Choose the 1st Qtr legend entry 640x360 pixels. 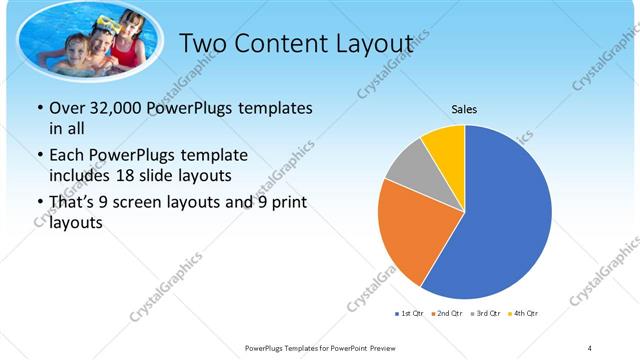click(x=411, y=314)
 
